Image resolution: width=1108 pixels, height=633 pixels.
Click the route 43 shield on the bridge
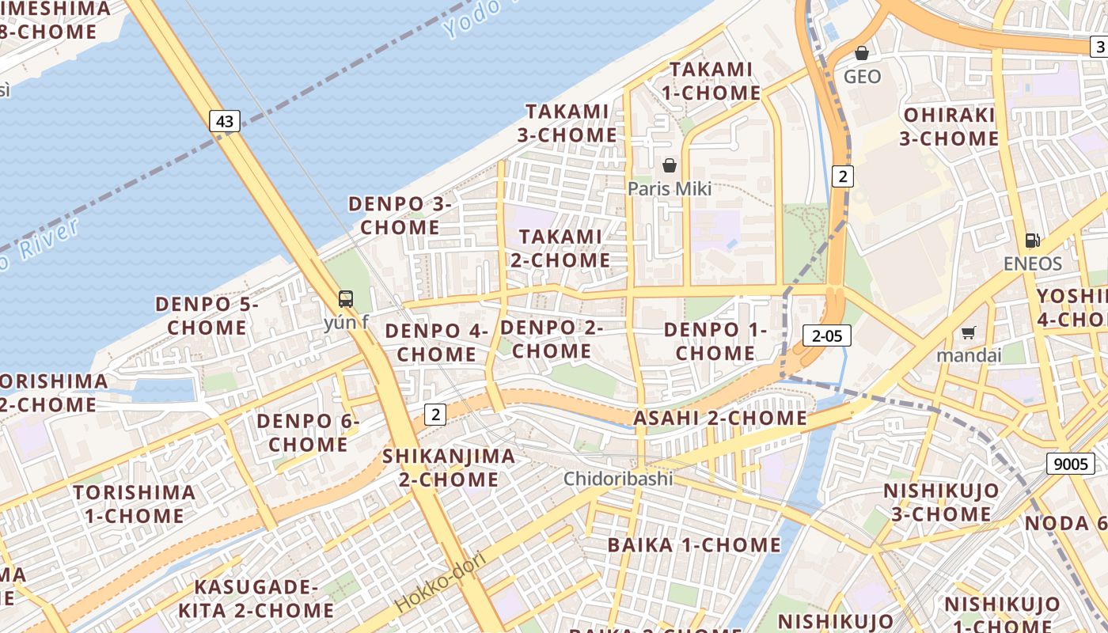click(225, 121)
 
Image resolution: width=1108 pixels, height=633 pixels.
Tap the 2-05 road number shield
click(827, 335)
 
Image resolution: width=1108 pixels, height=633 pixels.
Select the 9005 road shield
click(1072, 463)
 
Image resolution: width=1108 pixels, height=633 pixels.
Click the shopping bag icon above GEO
click(862, 54)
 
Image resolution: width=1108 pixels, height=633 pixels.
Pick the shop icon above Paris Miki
click(670, 165)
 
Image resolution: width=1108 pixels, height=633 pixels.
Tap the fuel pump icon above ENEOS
click(1032, 241)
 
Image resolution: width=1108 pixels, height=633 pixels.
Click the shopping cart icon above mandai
click(968, 332)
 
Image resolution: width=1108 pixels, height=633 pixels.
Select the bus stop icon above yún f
click(346, 299)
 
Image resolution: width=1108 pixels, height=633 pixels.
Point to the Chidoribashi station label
click(618, 479)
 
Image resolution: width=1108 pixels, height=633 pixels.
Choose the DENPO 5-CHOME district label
click(207, 316)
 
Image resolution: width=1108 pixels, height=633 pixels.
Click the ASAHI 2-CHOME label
click(720, 418)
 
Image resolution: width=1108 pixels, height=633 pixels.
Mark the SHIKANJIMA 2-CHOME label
click(449, 468)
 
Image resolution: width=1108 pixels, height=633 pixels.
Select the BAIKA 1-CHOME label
click(694, 544)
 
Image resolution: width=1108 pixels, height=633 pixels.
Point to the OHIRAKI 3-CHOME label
click(949, 127)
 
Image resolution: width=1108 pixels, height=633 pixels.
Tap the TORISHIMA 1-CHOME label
click(135, 504)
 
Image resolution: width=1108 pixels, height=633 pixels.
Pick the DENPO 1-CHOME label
click(715, 341)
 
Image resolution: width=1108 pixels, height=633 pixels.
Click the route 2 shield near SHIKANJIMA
click(435, 413)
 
